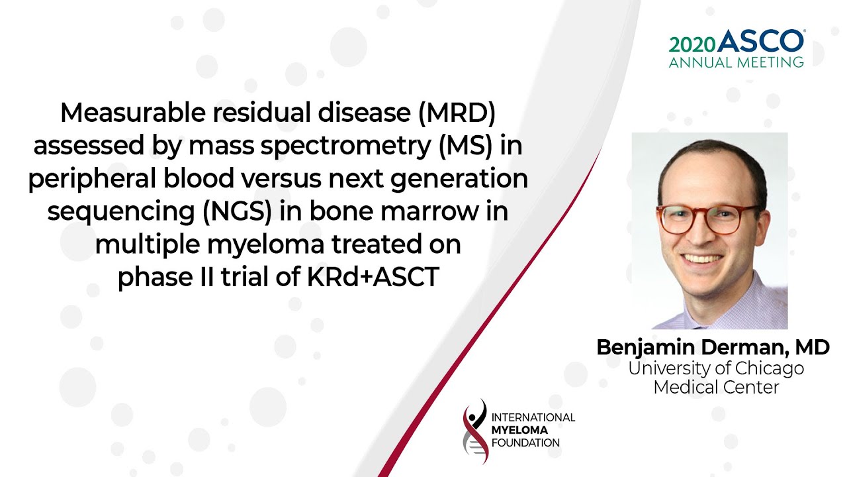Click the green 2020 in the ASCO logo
tap(692, 45)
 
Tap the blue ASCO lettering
tap(760, 41)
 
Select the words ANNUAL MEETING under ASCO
tap(736, 62)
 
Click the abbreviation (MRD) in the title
tap(457, 113)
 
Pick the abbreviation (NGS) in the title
tap(238, 211)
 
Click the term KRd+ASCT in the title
tap(373, 277)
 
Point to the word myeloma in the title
tap(265, 245)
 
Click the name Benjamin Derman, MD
tap(713, 348)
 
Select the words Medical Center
tap(716, 388)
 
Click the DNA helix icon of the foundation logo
tap(475, 431)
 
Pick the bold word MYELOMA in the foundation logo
tap(519, 430)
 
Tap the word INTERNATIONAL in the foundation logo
tap(533, 417)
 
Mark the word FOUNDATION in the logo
tap(525, 443)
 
